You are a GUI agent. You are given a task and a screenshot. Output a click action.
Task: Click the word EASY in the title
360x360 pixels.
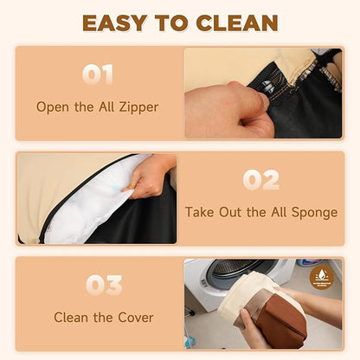pyautogui.click(x=115, y=22)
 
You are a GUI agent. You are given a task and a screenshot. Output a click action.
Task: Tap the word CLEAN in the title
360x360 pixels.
pyautogui.click(x=237, y=22)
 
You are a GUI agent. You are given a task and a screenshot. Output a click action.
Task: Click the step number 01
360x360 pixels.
pyautogui.click(x=98, y=74)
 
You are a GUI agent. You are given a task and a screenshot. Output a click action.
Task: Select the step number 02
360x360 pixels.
pyautogui.click(x=261, y=180)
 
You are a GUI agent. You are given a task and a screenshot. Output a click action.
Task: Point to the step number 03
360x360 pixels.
pyautogui.click(x=104, y=285)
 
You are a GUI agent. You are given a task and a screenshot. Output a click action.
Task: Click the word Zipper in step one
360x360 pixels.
pyautogui.click(x=138, y=107)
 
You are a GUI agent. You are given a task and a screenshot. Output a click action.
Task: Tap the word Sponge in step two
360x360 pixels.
pyautogui.click(x=314, y=213)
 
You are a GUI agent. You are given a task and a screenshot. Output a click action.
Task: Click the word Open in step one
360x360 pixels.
pyautogui.click(x=53, y=107)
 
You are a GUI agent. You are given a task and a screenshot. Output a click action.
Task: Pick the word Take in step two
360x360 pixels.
pyautogui.click(x=200, y=212)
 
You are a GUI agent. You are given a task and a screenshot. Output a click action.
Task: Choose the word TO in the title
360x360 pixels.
pyautogui.click(x=171, y=22)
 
